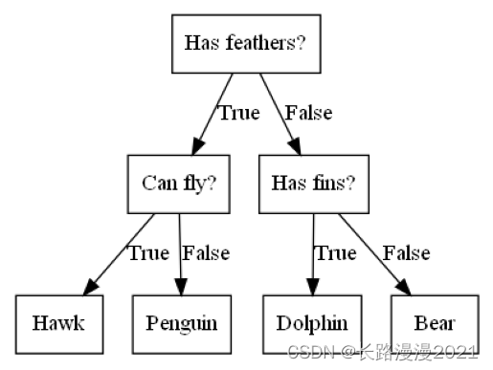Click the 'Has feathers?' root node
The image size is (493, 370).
point(251,43)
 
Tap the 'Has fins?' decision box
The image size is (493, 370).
point(313,183)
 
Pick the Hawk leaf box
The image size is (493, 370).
point(57,322)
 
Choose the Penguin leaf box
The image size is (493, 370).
point(182,322)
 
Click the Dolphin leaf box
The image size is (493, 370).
point(312,322)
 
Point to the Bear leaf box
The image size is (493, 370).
point(434,322)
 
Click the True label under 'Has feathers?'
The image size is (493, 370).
point(238,113)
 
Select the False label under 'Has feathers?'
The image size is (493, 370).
point(308,113)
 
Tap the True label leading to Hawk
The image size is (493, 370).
point(148,252)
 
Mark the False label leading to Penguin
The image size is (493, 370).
point(206,252)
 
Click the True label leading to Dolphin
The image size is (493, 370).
point(335,252)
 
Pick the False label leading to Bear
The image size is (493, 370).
point(406,252)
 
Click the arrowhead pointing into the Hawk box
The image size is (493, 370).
point(91,289)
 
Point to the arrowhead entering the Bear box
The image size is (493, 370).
point(405,289)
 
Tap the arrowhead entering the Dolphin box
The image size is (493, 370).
point(313,289)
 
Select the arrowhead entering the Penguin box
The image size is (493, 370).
point(181,289)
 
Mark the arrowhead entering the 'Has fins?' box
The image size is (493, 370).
point(295,149)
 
